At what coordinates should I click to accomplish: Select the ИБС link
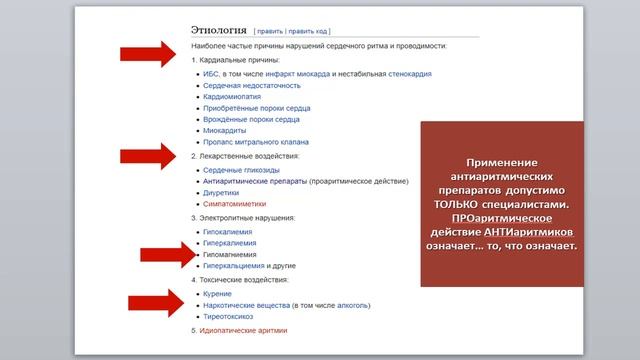210,73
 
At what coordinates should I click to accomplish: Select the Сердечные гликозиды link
241,170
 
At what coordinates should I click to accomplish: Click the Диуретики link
223,192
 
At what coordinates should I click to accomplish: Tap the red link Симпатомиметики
235,204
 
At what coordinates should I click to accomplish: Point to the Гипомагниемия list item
231,254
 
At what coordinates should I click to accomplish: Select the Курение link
217,294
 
